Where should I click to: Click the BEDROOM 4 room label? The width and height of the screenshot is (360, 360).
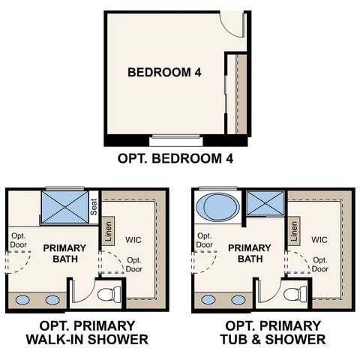[x=166, y=73]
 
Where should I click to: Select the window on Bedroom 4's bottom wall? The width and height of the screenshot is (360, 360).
[x=178, y=139]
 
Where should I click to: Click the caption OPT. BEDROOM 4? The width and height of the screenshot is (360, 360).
[x=181, y=159]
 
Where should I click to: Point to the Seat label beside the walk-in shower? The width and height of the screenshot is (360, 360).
[x=94, y=206]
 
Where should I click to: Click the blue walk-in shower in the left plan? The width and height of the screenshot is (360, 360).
[x=64, y=205]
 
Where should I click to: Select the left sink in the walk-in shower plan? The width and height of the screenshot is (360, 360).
[x=23, y=300]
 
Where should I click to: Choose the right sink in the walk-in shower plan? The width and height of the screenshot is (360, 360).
[x=52, y=300]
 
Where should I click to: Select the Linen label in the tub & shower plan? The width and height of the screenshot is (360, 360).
[x=294, y=229]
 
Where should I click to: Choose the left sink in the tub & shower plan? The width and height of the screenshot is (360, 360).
[x=209, y=300]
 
